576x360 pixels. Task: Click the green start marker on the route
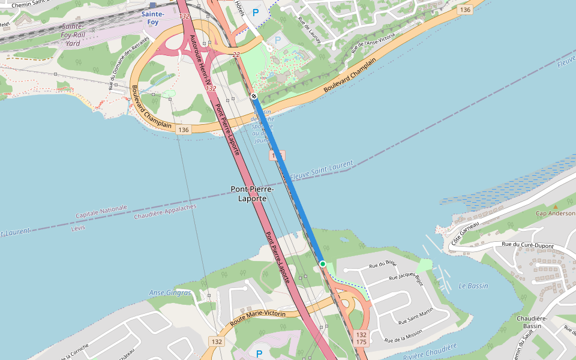click(323, 264)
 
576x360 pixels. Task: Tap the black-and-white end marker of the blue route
click(254, 96)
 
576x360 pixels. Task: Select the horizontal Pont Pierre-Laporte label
click(252, 193)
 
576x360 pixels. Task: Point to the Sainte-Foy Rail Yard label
click(73, 35)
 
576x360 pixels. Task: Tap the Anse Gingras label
click(170, 293)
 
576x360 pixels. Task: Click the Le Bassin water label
click(473, 286)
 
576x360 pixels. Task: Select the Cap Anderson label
click(556, 213)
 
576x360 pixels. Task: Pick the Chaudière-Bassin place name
click(532, 322)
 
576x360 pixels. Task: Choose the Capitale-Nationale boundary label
click(101, 212)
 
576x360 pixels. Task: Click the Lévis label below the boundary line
click(78, 228)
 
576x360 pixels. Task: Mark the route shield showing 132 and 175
click(361, 338)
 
